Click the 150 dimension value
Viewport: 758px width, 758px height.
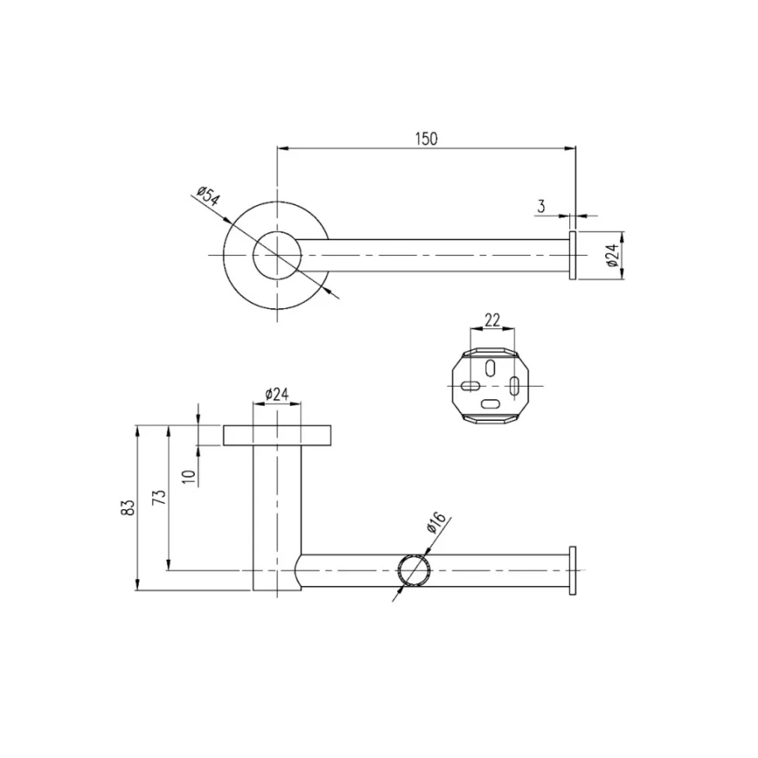point(426,138)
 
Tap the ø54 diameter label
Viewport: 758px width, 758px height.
point(207,198)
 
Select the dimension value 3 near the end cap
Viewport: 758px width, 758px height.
point(541,206)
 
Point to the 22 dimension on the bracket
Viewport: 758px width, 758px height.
point(492,320)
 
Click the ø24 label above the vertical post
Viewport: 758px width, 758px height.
point(276,394)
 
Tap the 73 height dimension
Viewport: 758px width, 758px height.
point(158,497)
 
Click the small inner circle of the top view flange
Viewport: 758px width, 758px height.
point(277,255)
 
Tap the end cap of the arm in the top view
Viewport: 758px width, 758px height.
point(573,255)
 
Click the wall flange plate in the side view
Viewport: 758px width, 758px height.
point(277,435)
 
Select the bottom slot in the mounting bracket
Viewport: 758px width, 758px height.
point(492,403)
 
